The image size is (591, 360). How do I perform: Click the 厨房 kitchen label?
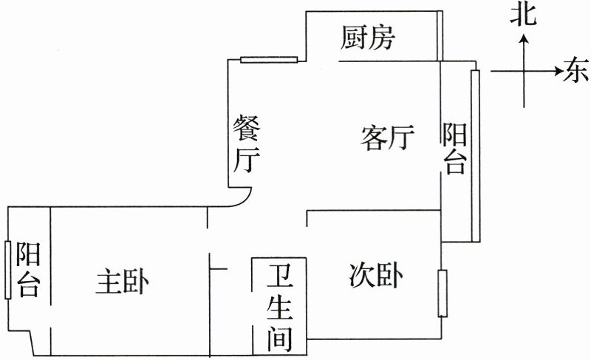click(367, 38)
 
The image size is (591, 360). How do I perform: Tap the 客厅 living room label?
click(387, 137)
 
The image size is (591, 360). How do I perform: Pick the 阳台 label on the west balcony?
click(27, 269)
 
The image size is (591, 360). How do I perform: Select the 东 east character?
click(576, 72)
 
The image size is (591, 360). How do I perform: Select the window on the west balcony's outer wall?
click(7, 270)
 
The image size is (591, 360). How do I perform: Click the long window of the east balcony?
click(475, 155)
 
